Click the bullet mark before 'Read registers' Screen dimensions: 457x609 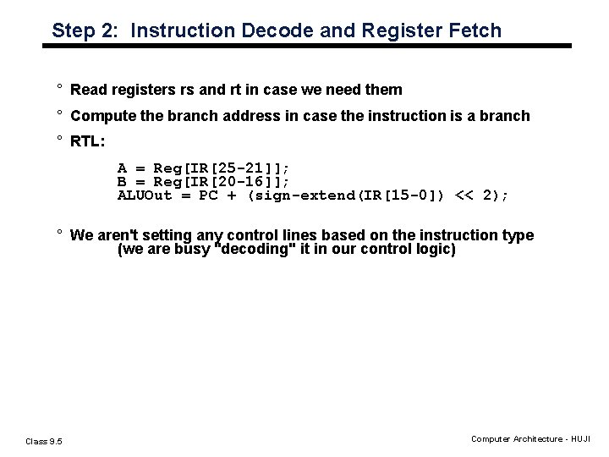tap(60, 88)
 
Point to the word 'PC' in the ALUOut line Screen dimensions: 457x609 tap(208, 196)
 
